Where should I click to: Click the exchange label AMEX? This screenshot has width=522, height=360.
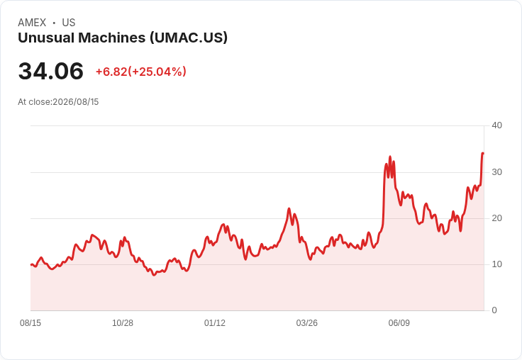point(32,23)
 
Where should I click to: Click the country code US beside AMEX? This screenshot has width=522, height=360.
point(69,23)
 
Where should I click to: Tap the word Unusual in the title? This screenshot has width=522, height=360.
point(46,38)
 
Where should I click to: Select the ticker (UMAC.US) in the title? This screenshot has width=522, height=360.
point(189,38)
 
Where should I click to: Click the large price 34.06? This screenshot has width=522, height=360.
point(50,71)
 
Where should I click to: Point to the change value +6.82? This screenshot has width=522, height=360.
point(111,72)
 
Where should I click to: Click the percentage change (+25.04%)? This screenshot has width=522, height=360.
point(157,72)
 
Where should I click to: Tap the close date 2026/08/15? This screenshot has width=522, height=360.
point(76,102)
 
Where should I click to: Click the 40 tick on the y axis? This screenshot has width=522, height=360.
point(496,125)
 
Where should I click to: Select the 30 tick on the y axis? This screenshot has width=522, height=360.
point(496,172)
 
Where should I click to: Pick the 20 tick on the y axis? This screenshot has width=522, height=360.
point(496,218)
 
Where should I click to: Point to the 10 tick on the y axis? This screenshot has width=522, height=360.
point(496,264)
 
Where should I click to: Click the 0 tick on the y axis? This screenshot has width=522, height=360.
point(494,310)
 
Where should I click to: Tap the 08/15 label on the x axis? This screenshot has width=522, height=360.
point(30,323)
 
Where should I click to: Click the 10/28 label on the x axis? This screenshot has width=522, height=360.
point(123,323)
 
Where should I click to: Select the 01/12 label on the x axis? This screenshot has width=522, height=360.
point(215,323)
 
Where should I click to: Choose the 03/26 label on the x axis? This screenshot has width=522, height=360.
point(307,323)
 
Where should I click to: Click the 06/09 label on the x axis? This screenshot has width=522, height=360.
point(399,323)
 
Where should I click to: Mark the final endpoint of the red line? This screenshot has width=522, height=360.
point(484,153)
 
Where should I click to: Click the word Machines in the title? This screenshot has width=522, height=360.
point(112,38)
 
